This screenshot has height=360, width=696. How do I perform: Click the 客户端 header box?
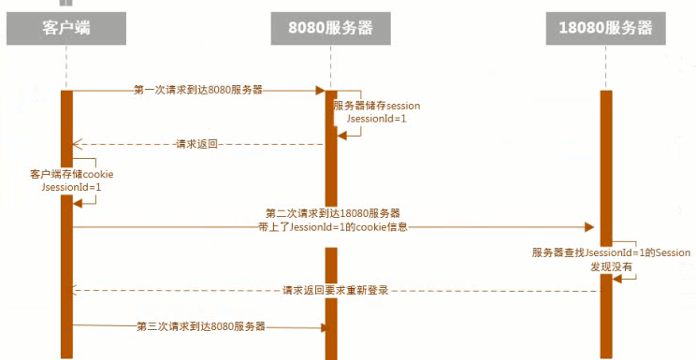[x=67, y=28]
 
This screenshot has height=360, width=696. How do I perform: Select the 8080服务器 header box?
[x=330, y=28]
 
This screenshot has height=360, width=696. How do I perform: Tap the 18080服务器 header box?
[x=605, y=28]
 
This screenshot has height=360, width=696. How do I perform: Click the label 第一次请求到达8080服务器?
[x=197, y=91]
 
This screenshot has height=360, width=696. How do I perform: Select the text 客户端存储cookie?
[x=72, y=174]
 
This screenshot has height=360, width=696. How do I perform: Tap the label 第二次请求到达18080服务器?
[x=333, y=213]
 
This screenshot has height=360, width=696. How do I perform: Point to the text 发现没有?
[x=610, y=266]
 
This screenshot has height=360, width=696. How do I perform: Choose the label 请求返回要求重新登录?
[x=334, y=291]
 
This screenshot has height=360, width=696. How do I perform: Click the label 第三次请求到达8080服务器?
[x=200, y=326]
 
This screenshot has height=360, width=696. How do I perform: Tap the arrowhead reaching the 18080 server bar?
[x=591, y=226]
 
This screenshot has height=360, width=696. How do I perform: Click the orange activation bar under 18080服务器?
[x=605, y=187]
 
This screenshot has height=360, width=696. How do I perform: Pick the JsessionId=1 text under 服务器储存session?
[x=377, y=120]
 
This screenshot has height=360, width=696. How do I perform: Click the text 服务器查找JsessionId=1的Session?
[x=610, y=252]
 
